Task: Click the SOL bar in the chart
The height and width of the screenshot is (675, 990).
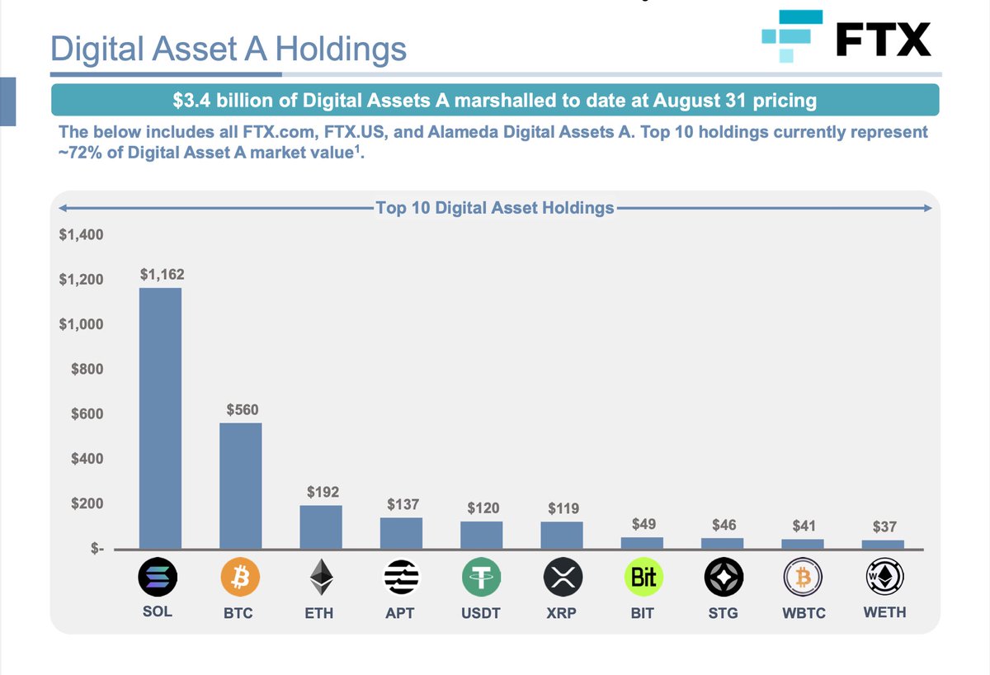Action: tap(160, 418)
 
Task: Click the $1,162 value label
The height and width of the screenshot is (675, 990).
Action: tap(160, 274)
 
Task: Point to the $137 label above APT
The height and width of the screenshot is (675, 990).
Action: tap(402, 504)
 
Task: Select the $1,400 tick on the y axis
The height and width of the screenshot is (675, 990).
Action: tap(81, 235)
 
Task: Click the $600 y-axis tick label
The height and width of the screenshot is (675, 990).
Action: tap(87, 414)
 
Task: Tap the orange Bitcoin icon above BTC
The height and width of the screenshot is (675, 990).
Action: tap(240, 577)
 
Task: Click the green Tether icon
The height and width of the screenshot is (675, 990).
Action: tap(482, 577)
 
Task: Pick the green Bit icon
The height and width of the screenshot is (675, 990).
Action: tap(643, 577)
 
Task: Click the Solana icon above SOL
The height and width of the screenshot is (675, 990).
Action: tap(160, 577)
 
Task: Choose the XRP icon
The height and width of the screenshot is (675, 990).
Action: tap(563, 577)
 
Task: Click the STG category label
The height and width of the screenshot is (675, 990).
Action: tap(724, 613)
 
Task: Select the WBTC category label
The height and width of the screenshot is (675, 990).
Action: tap(804, 614)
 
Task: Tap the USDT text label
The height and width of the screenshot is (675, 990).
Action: tap(482, 613)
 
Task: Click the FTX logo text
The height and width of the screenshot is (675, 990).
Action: tap(883, 39)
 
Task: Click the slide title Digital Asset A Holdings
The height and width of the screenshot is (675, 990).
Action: tap(229, 49)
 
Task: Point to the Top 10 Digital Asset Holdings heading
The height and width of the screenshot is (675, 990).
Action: tap(494, 208)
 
